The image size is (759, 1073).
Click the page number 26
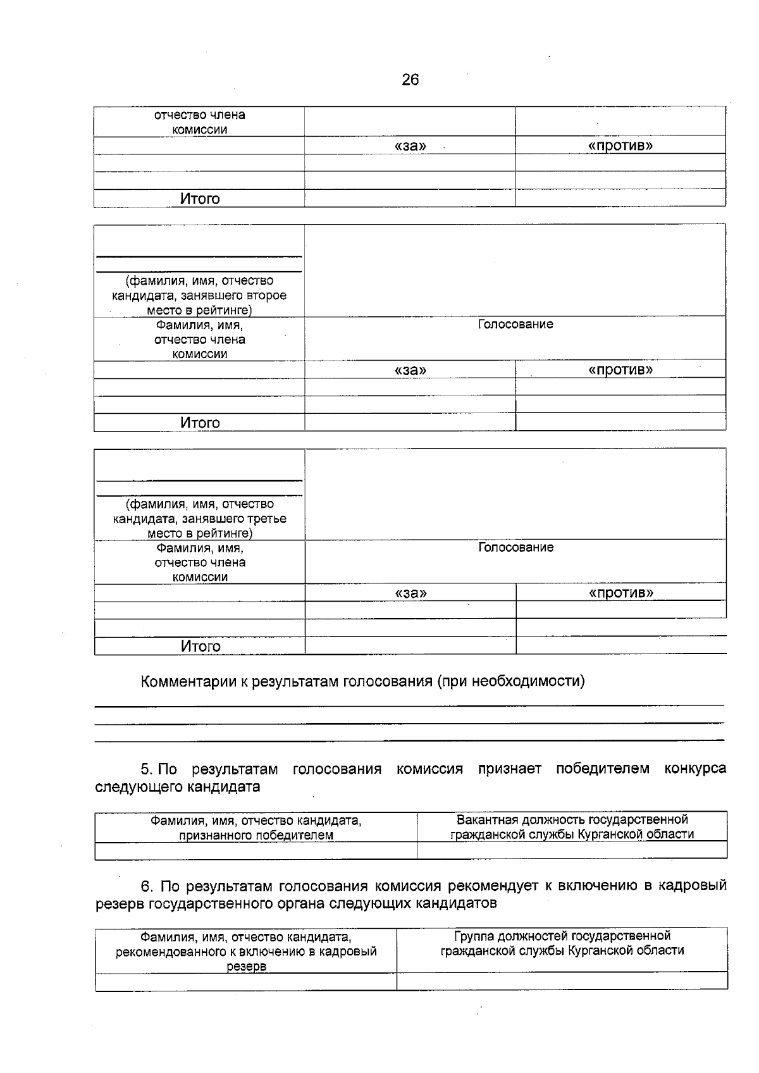(410, 80)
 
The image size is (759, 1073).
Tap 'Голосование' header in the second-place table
(515, 325)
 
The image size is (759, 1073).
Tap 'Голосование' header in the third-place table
(515, 547)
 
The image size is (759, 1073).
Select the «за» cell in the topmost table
(410, 146)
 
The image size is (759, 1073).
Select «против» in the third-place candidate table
(620, 593)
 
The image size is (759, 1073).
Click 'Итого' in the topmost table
(200, 199)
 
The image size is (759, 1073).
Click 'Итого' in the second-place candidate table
(200, 423)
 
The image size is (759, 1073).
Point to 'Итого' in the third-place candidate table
(201, 646)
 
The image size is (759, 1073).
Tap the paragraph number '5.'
(147, 769)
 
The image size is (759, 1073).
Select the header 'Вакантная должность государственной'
(572, 820)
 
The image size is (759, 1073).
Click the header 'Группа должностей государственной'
(562, 936)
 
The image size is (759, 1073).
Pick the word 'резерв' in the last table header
(246, 967)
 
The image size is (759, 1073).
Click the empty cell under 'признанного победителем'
(256, 850)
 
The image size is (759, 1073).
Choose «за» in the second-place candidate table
(410, 370)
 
